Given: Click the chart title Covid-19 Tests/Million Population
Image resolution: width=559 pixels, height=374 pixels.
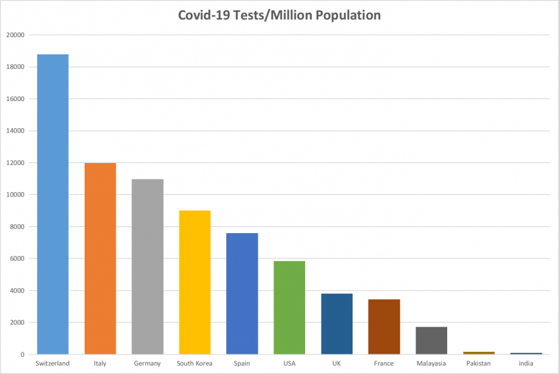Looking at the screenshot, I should [x=279, y=15].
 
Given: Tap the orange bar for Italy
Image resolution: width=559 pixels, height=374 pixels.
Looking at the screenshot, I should [x=100, y=258].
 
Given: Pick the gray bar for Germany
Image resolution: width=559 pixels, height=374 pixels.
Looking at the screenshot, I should [x=147, y=267].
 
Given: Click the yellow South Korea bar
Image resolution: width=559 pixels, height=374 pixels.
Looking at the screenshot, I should [x=195, y=282].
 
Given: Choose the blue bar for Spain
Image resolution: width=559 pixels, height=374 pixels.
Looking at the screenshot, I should [x=242, y=294].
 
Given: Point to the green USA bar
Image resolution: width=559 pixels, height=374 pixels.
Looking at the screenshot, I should [x=289, y=308].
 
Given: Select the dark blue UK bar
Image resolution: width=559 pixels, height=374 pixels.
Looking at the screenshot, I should [x=337, y=324].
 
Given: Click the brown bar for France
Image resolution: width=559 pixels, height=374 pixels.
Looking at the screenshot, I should [x=384, y=327].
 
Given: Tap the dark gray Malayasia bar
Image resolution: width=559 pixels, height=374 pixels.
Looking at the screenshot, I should [x=431, y=341].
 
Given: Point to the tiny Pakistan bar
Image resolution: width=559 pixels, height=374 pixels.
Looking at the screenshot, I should [x=479, y=353].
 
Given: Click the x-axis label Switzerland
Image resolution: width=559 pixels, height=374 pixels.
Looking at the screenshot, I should [x=52, y=363].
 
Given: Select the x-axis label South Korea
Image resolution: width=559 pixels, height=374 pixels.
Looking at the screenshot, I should [x=195, y=363].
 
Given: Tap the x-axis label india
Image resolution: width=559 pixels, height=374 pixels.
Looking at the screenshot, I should [x=526, y=363].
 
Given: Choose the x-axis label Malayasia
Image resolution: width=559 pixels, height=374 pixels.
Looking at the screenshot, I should [x=431, y=363].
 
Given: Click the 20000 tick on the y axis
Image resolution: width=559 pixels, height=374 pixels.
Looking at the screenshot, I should [x=15, y=35].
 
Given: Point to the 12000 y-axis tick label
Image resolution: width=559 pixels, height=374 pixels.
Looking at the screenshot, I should [x=15, y=163].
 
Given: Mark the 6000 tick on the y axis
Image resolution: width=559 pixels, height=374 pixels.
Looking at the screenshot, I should [x=16, y=259].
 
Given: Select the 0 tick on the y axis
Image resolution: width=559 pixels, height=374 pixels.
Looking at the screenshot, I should [x=21, y=354].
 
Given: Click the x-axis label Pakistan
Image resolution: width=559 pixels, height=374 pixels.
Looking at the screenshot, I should [x=479, y=363].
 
